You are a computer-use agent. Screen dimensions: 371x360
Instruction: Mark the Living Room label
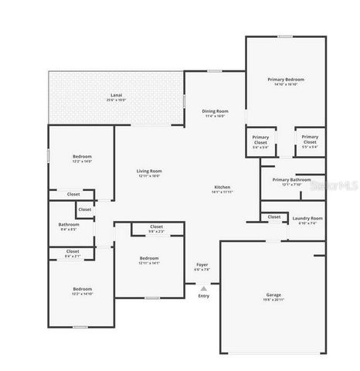tap(149, 173)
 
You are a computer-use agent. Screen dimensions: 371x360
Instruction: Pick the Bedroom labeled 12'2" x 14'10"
tap(82, 291)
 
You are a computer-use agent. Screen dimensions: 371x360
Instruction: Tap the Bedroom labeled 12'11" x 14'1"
tap(149, 260)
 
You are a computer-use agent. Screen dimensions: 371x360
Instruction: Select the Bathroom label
tap(68, 226)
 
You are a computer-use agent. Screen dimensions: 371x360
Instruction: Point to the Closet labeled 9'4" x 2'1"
tap(73, 252)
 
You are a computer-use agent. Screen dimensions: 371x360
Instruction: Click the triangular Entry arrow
tap(203, 288)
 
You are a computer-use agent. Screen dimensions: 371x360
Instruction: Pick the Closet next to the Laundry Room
tap(274, 217)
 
